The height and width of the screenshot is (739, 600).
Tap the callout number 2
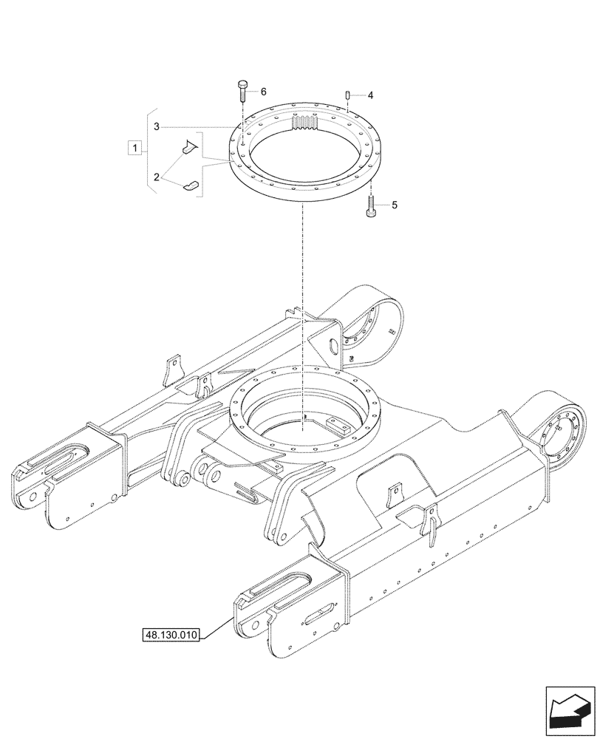157,177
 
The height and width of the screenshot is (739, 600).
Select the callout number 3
157,127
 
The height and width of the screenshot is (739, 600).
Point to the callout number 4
370,96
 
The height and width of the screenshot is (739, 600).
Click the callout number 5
394,205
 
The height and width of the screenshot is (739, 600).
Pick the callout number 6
263,92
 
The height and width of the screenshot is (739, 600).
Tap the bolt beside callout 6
242,92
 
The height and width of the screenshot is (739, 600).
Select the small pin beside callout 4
347,95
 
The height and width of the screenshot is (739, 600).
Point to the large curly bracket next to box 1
150,149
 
